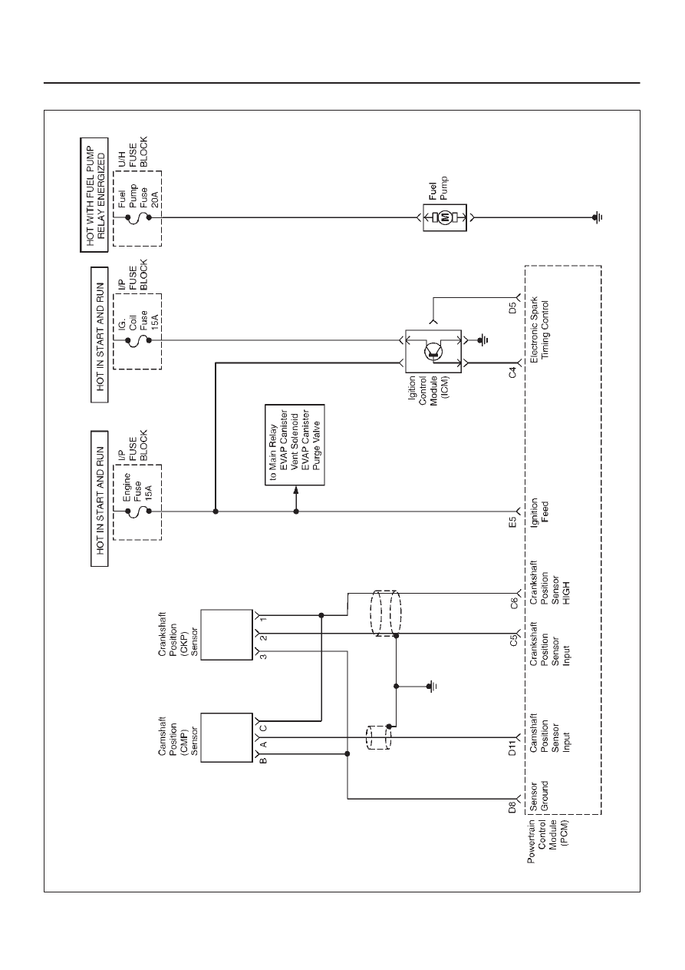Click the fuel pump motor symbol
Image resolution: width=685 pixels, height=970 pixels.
[x=445, y=217]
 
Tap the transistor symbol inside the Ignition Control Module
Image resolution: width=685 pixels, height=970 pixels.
[x=433, y=350]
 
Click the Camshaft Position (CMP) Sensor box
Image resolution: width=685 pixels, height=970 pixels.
[x=226, y=737]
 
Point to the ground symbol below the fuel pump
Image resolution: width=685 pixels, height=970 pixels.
[x=598, y=217]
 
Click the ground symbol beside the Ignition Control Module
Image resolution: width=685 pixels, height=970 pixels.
[x=483, y=340]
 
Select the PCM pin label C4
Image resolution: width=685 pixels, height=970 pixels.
[x=512, y=372]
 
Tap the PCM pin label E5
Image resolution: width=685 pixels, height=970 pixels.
[x=512, y=522]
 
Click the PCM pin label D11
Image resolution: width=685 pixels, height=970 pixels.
[x=512, y=748]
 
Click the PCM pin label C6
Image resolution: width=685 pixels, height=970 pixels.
[x=513, y=603]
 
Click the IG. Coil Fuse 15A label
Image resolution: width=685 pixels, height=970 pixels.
[x=138, y=321]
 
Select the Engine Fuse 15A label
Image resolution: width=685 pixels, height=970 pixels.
[x=137, y=487]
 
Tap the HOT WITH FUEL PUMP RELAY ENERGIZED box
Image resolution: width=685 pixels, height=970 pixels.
[x=94, y=195]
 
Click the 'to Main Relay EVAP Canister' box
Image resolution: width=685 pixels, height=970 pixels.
[x=295, y=445]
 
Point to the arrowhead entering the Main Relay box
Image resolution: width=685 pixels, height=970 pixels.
[x=296, y=489]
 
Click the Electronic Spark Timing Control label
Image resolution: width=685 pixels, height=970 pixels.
[x=539, y=329]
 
